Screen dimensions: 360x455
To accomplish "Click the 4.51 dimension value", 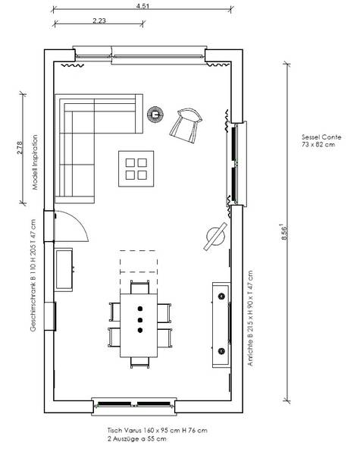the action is point(142,6).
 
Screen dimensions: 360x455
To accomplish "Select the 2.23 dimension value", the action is point(99,20).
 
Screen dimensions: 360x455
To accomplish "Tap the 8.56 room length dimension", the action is point(284,232).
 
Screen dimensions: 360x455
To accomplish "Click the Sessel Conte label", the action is point(321,137).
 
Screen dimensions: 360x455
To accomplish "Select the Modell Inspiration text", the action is point(35,162).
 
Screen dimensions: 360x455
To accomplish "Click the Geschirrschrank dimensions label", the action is point(33,275).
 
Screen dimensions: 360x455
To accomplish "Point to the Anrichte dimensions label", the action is point(249,318).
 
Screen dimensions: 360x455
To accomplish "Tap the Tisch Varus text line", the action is point(158,430).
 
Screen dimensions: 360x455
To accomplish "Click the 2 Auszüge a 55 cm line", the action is point(137,439).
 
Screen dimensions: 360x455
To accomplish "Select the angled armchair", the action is point(186,125).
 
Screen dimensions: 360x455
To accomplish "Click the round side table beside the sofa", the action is point(155,114).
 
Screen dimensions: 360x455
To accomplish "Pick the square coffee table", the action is point(136,169).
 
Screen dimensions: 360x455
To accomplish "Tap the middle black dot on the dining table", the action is point(140,320).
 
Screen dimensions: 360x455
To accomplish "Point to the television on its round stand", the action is point(215,236).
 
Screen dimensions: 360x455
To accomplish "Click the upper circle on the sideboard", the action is point(222,297).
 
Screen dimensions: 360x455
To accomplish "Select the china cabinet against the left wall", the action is point(64,269).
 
